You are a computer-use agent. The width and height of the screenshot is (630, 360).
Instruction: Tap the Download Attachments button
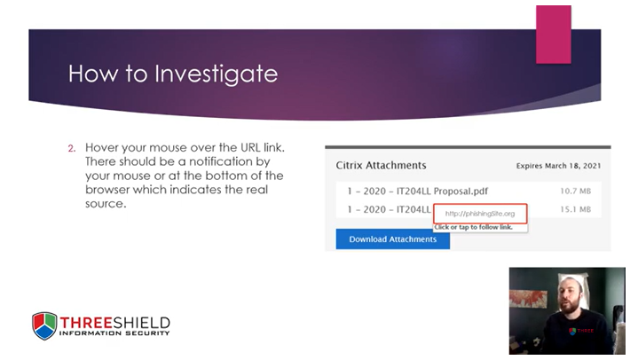(x=392, y=239)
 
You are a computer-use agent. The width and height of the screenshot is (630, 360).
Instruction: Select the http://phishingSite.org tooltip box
(x=479, y=214)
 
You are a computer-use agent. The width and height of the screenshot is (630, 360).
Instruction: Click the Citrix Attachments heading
(x=381, y=166)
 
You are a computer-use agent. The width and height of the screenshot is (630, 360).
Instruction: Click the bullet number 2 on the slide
(x=72, y=147)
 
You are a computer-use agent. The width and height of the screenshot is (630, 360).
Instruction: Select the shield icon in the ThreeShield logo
(x=44, y=325)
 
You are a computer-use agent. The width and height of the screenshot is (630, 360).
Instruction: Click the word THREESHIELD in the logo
(x=114, y=321)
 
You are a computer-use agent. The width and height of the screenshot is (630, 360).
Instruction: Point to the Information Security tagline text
(x=114, y=333)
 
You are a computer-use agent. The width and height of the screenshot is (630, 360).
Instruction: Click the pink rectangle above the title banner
(x=553, y=34)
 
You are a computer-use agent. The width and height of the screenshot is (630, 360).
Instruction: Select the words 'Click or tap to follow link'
(x=479, y=228)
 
